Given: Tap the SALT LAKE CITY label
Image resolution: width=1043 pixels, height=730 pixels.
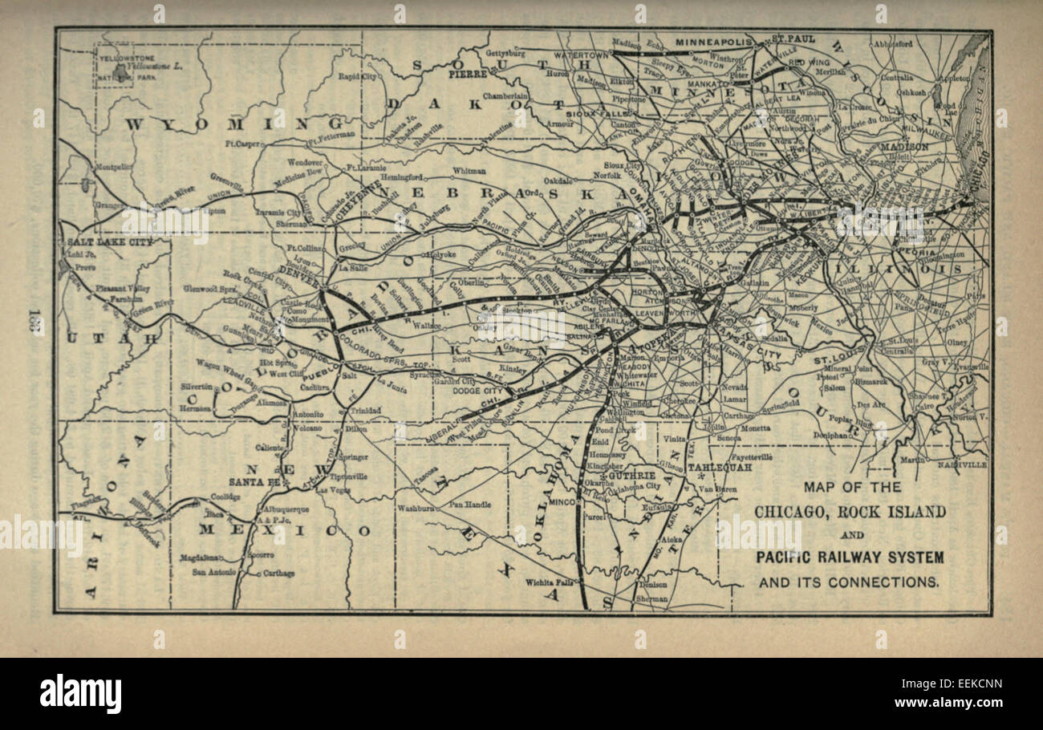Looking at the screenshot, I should tap(99, 241).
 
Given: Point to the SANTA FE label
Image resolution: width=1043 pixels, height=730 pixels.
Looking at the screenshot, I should tap(253, 482).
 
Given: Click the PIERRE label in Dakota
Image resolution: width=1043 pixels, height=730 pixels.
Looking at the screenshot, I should tap(468, 73).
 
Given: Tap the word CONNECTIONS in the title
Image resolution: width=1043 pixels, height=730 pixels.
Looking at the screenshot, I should tap(892, 582).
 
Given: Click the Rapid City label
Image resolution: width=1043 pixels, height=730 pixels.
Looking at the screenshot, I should tap(357, 77).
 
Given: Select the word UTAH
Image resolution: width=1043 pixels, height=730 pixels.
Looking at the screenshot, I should tap(112, 339).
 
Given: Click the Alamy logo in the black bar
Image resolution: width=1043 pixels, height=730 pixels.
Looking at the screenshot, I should tap(80, 694).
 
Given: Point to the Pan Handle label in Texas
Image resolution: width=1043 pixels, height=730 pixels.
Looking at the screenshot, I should tap(470, 505).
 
